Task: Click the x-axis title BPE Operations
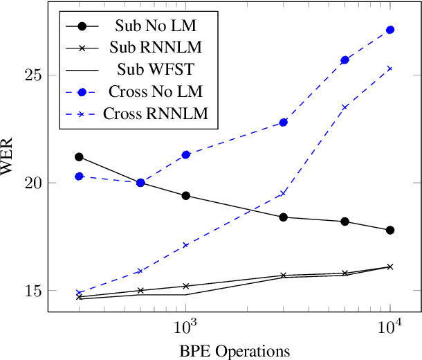pos(231,350)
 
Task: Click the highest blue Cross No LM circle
pos(390,30)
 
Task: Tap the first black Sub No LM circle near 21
pos(79,157)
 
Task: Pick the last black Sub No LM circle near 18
pos(390,230)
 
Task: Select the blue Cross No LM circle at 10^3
pos(186,154)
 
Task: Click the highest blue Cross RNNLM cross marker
pos(390,69)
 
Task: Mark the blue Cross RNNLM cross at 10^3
pos(186,245)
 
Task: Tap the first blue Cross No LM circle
pos(79,177)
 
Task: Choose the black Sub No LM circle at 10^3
pos(186,196)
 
